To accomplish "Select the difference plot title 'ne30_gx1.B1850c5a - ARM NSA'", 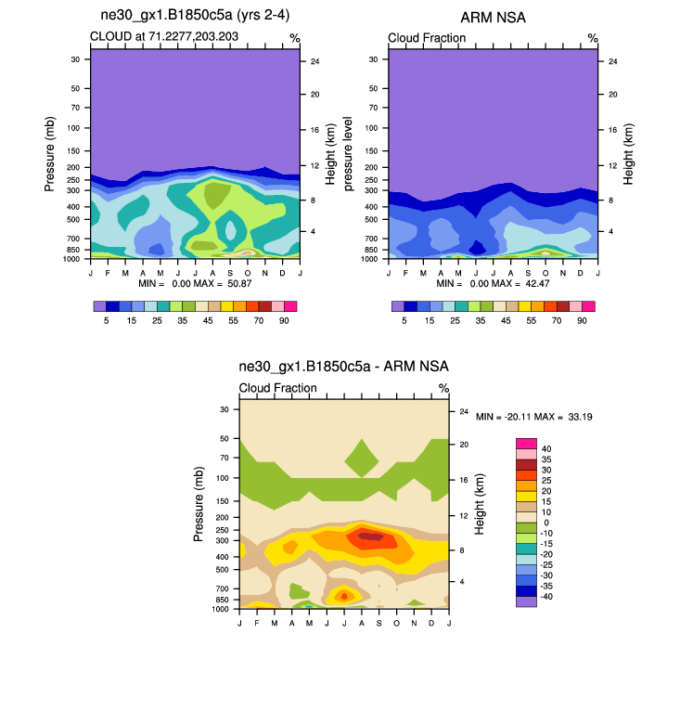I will click(x=343, y=368).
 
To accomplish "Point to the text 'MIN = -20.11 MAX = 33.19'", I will click(x=534, y=417).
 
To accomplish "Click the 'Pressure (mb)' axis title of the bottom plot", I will click(x=199, y=504).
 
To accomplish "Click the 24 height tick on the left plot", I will click(x=314, y=61).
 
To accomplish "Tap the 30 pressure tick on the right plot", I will click(x=372, y=58).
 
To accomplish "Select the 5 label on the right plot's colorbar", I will click(x=404, y=320).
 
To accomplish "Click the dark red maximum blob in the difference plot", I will click(x=369, y=536).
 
